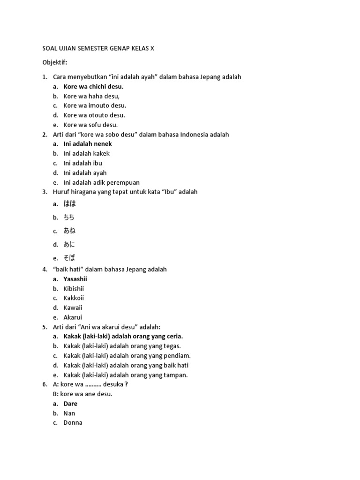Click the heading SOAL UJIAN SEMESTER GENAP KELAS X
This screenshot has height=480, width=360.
[x=98, y=48]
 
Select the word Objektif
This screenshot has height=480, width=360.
[x=55, y=62]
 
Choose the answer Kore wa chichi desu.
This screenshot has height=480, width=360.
[x=93, y=87]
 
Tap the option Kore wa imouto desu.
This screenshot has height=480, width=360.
[x=95, y=105]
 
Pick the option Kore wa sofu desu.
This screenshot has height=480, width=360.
[x=90, y=125]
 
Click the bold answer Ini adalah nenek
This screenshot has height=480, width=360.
[x=88, y=144]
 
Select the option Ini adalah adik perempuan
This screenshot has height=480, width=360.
[x=101, y=182]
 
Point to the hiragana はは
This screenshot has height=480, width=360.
[x=69, y=204]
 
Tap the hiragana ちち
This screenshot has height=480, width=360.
[x=69, y=217]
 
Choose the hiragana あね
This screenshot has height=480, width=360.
[x=69, y=231]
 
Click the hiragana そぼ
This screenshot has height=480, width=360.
[x=69, y=258]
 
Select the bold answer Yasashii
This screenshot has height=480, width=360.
[x=75, y=279]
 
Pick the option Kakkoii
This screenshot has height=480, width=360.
[x=74, y=298]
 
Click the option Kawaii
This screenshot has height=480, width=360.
[x=73, y=307]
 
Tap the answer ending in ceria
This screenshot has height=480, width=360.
[x=123, y=337]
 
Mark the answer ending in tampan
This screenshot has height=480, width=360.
[x=126, y=375]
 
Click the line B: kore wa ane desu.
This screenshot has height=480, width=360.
[x=83, y=394]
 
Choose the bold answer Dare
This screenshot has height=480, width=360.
[x=70, y=404]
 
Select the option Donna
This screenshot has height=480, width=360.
[x=73, y=423]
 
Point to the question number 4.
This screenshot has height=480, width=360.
[x=45, y=270]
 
